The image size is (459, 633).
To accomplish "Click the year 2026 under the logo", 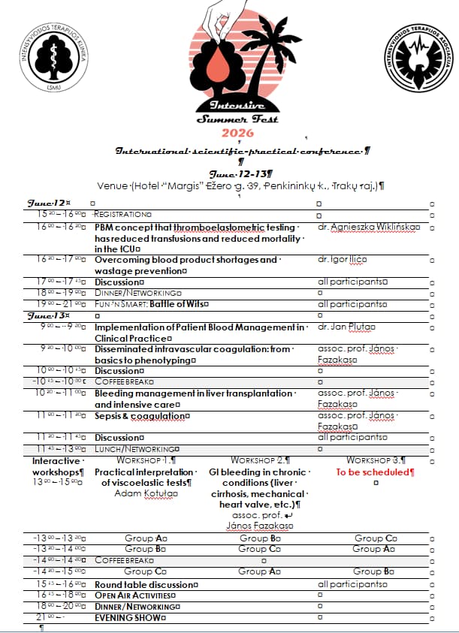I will [x=237, y=133].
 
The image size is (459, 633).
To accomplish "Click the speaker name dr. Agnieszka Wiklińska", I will [x=367, y=226].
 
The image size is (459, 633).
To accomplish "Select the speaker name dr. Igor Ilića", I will [x=342, y=260].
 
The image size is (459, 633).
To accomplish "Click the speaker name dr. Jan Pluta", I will [x=346, y=327].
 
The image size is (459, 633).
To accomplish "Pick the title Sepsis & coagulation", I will [x=140, y=416].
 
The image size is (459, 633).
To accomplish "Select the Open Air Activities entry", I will [x=134, y=595].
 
